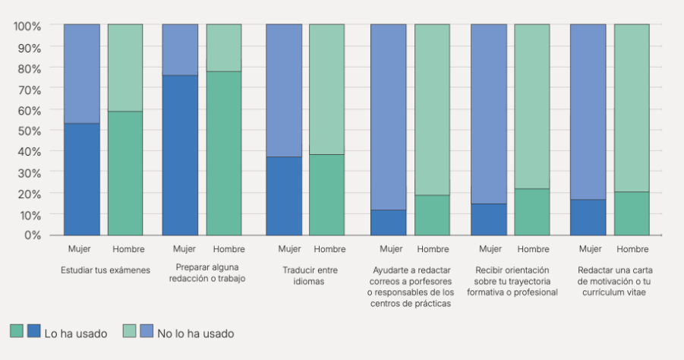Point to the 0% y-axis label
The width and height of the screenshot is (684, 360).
pos(31,235)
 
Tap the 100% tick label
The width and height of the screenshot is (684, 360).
pos(27,25)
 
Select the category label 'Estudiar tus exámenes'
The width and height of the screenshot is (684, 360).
pos(106,270)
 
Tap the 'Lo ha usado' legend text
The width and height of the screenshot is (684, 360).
pos(75,333)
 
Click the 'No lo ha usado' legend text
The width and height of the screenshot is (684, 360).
pos(196,333)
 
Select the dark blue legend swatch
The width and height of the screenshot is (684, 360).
pos(34,331)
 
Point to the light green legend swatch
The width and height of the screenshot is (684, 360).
pos(129,331)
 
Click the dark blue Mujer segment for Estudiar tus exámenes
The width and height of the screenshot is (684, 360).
pos(82,179)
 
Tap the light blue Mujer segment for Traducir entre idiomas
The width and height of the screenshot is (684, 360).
pos(284,90)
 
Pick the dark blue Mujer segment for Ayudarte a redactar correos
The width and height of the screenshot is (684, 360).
pos(388,223)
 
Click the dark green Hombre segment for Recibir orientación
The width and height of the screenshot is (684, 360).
pos(532,212)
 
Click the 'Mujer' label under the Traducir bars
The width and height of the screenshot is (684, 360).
pos(290,249)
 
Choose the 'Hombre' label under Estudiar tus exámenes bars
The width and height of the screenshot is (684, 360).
pos(128,249)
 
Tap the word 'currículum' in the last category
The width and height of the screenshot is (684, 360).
pos(605,292)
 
